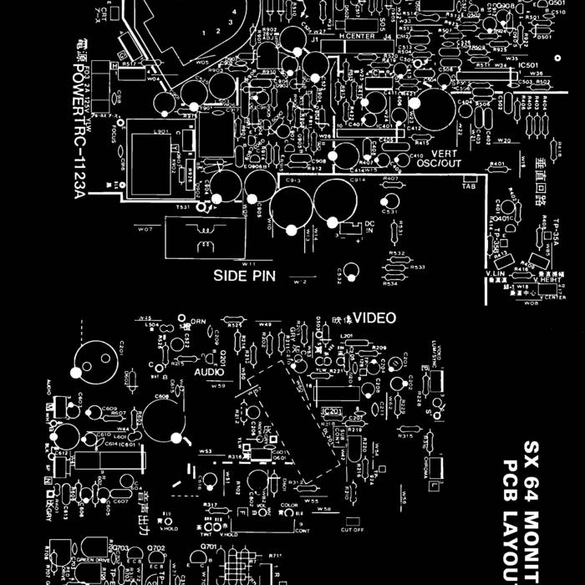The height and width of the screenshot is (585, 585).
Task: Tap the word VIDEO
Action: pyautogui.click(x=374, y=318)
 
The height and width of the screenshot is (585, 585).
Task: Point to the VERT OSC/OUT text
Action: pyautogui.click(x=438, y=158)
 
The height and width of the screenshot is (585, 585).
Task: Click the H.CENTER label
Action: pyautogui.click(x=357, y=37)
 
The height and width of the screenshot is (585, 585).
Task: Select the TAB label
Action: pyautogui.click(x=469, y=186)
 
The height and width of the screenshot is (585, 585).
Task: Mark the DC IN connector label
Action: pyautogui.click(x=369, y=226)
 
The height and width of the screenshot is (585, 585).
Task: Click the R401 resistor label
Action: pyautogui.click(x=498, y=164)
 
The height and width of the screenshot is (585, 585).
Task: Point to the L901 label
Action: pyautogui.click(x=162, y=131)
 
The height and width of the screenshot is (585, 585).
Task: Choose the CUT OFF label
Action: pyautogui.click(x=352, y=529)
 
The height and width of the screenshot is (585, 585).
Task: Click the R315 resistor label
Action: pyautogui.click(x=405, y=436)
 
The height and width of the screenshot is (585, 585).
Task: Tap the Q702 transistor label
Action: pyautogui.click(x=156, y=548)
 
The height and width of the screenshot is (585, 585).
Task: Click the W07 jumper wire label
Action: pyautogui.click(x=145, y=228)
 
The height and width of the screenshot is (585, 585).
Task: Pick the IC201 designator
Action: pyautogui.click(x=332, y=411)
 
